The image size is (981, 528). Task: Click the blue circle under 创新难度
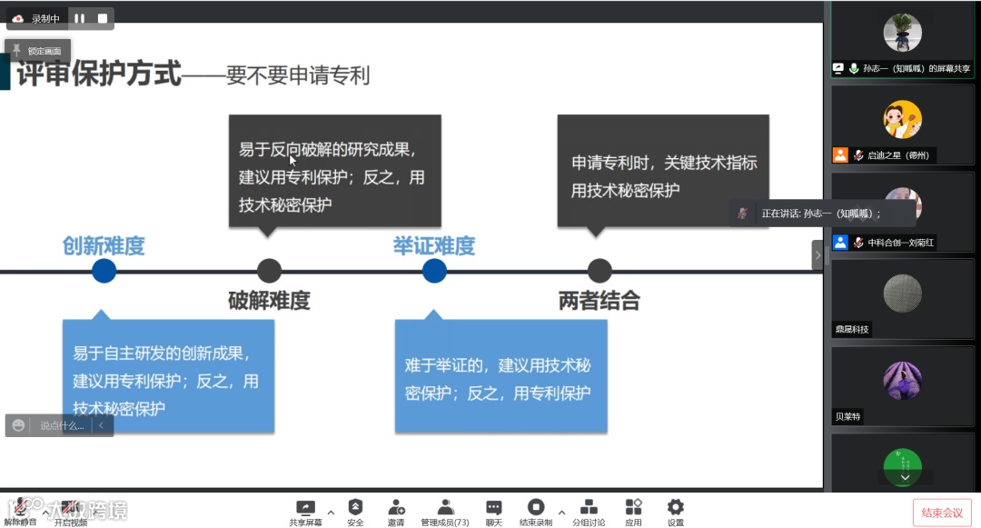click(x=104, y=271)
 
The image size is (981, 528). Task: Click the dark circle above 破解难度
click(x=269, y=271)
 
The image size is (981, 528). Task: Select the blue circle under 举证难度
click(x=434, y=271)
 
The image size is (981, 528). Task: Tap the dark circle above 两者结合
click(x=599, y=271)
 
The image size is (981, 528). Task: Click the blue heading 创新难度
click(x=104, y=245)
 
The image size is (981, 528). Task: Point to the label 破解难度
click(x=269, y=301)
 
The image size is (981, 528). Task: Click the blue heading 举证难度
click(x=434, y=245)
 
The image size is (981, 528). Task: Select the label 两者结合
click(x=599, y=301)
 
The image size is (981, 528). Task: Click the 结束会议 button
click(x=942, y=513)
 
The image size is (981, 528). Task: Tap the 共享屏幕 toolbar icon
click(x=305, y=508)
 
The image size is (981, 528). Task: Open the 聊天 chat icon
click(x=493, y=508)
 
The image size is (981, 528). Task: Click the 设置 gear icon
click(x=675, y=508)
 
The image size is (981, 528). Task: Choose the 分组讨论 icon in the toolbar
click(x=589, y=508)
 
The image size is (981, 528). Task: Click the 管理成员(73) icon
click(x=445, y=508)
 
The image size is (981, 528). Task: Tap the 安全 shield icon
click(x=355, y=508)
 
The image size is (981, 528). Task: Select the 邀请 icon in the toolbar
click(x=396, y=508)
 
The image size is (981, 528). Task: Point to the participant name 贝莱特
click(x=848, y=416)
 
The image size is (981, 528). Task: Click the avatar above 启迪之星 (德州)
click(x=902, y=119)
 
